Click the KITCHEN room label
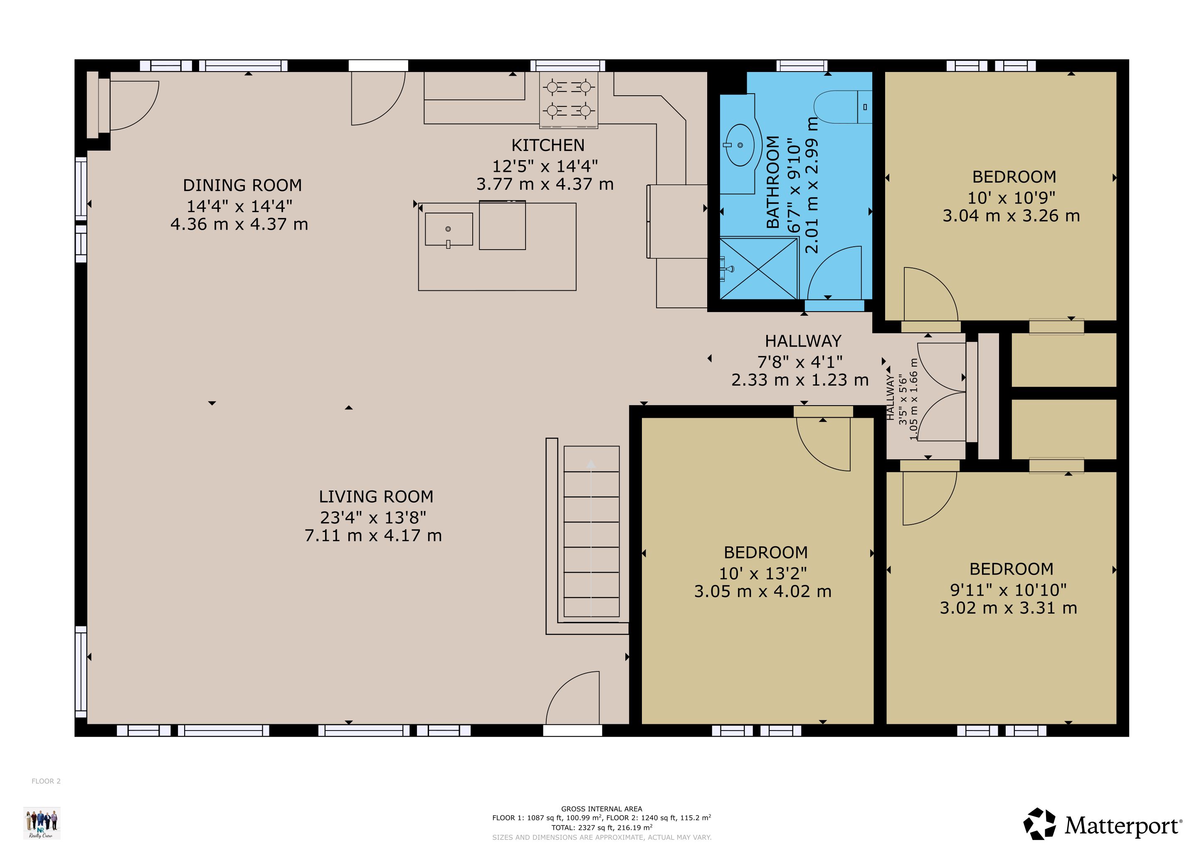(548, 145)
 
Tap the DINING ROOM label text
(242, 185)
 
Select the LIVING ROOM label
(376, 496)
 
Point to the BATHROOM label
(773, 182)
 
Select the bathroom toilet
(843, 107)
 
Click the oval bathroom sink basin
(740, 144)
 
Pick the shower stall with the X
(759, 269)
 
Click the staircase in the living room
(592, 531)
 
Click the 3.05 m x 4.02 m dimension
(762, 591)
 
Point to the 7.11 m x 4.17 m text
(373, 536)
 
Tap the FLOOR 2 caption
(46, 781)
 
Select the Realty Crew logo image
(42, 823)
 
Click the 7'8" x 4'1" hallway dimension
(800, 362)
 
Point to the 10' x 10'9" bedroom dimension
(1012, 198)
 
